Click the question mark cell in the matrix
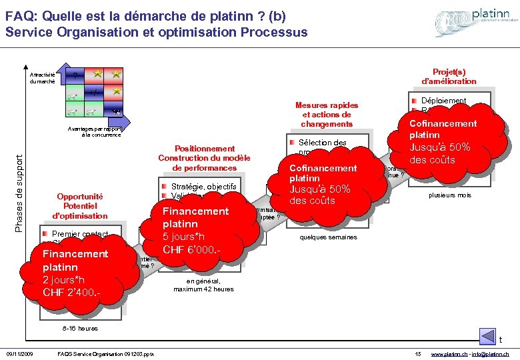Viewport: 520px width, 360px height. [75, 75]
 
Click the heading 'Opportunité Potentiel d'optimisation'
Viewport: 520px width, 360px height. [82, 206]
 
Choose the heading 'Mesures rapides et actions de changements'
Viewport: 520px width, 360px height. [326, 115]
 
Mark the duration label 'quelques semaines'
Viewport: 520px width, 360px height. [328, 237]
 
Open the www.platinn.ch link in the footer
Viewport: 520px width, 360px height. [449, 353]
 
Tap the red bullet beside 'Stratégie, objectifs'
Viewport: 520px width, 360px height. [164, 186]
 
